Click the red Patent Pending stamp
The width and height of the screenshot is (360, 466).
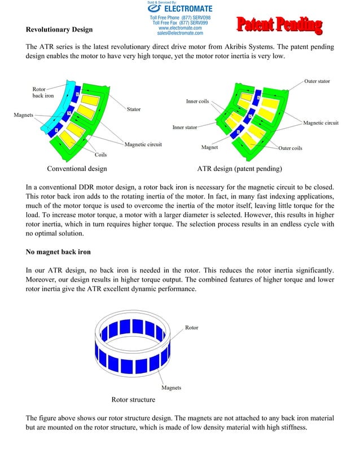pyautogui.click(x=279, y=25)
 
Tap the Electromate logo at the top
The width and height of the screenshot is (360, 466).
pyautogui.click(x=180, y=9)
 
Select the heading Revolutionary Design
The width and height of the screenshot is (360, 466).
pyautogui.click(x=59, y=29)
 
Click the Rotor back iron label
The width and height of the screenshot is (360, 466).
pyautogui.click(x=42, y=93)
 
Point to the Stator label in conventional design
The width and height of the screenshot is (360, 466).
pyautogui.click(x=134, y=109)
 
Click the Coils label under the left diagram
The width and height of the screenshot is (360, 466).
pyautogui.click(x=101, y=154)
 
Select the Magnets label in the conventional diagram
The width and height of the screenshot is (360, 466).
pyautogui.click(x=23, y=115)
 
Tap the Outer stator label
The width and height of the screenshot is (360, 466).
pyautogui.click(x=317, y=81)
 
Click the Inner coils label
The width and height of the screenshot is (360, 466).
pyautogui.click(x=197, y=102)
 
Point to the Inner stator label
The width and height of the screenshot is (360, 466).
pyautogui.click(x=185, y=128)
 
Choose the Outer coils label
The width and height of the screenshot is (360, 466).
pyautogui.click(x=291, y=148)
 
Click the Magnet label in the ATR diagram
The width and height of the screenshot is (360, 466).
pyautogui.click(x=210, y=147)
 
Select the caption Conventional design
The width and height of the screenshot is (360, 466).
pyautogui.click(x=77, y=169)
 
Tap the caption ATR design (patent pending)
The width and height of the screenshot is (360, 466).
pyautogui.click(x=239, y=169)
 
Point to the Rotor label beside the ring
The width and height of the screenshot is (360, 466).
pyautogui.click(x=191, y=327)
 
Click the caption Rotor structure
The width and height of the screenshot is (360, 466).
pyautogui.click(x=133, y=399)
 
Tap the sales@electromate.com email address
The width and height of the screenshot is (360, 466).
pyautogui.click(x=180, y=33)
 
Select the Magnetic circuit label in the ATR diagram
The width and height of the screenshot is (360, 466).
pyautogui.click(x=321, y=123)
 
